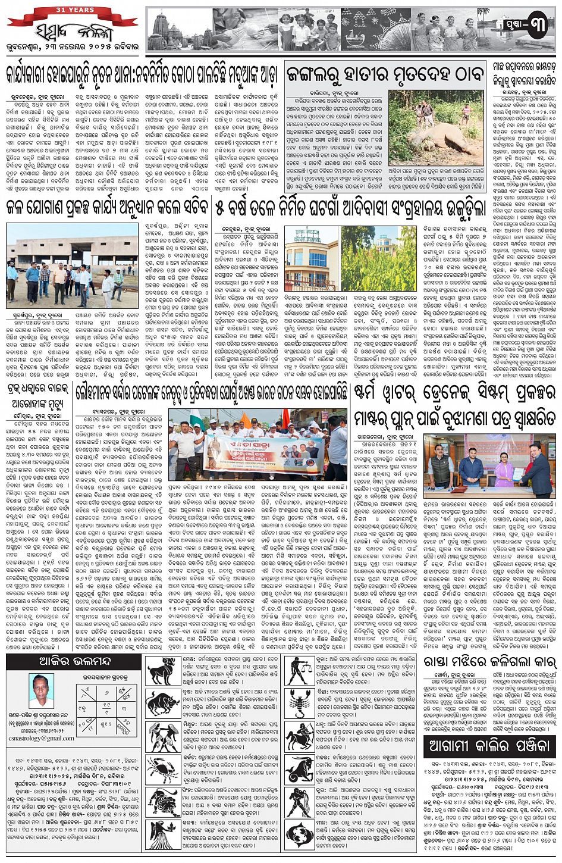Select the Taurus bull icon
(x=161, y=702)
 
